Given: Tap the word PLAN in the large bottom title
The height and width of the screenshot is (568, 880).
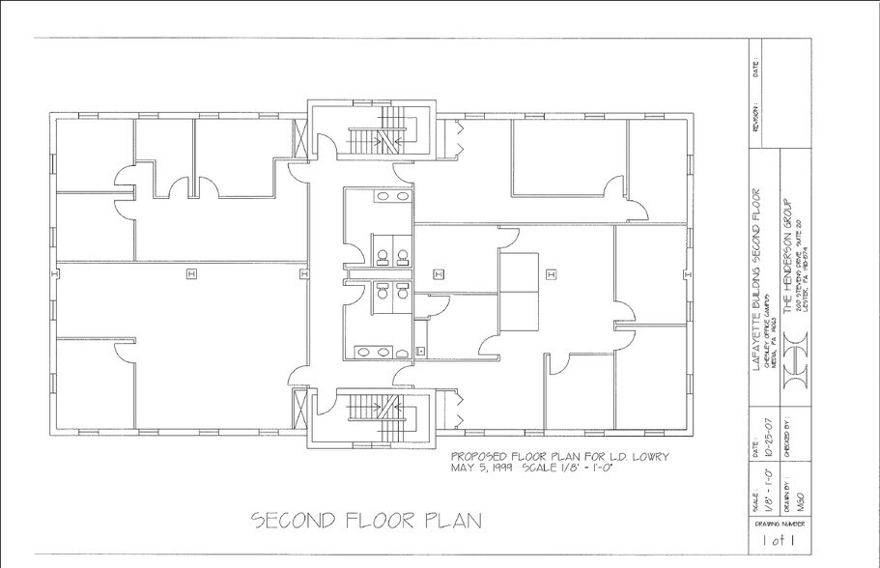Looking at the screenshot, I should pos(449,522).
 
